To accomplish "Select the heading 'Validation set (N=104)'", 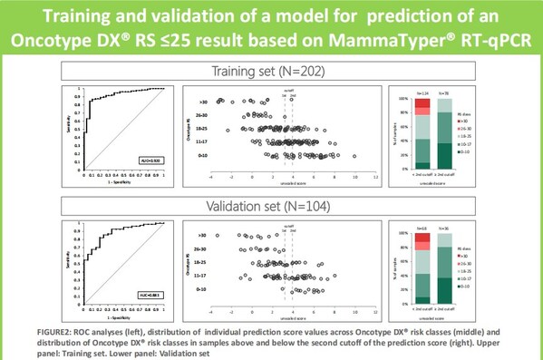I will coord(272,203).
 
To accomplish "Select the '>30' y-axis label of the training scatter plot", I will coord(207,102).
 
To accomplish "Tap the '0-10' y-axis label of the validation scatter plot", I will coord(207,289).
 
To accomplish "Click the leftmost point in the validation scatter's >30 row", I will coord(217,236).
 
